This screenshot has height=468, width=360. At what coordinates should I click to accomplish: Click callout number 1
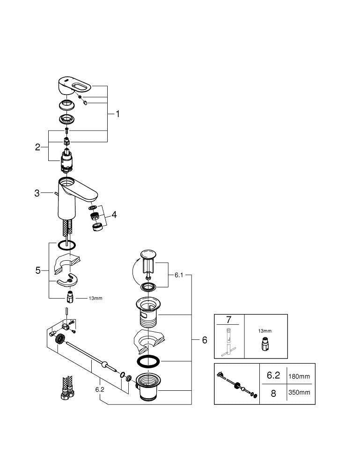point(118,114)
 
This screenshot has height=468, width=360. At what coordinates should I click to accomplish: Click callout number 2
point(38,147)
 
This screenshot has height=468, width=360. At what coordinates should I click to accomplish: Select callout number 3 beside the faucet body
point(37,192)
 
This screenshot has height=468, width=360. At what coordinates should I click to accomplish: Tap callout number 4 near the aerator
point(114,215)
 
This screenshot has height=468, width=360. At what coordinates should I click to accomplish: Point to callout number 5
point(38,271)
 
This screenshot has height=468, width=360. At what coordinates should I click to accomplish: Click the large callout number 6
point(204,340)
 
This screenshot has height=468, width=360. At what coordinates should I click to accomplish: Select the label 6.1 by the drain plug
point(178,276)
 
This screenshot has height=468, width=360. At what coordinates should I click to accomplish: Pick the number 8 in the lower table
point(273,394)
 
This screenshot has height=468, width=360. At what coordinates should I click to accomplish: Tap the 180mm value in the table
point(299,376)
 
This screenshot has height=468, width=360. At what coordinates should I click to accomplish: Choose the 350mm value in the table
point(299,393)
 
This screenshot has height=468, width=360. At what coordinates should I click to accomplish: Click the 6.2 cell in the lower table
point(273,376)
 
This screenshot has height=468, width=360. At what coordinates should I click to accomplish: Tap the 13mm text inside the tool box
point(264,331)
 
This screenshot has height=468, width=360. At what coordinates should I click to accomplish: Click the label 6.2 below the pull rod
point(100,389)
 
